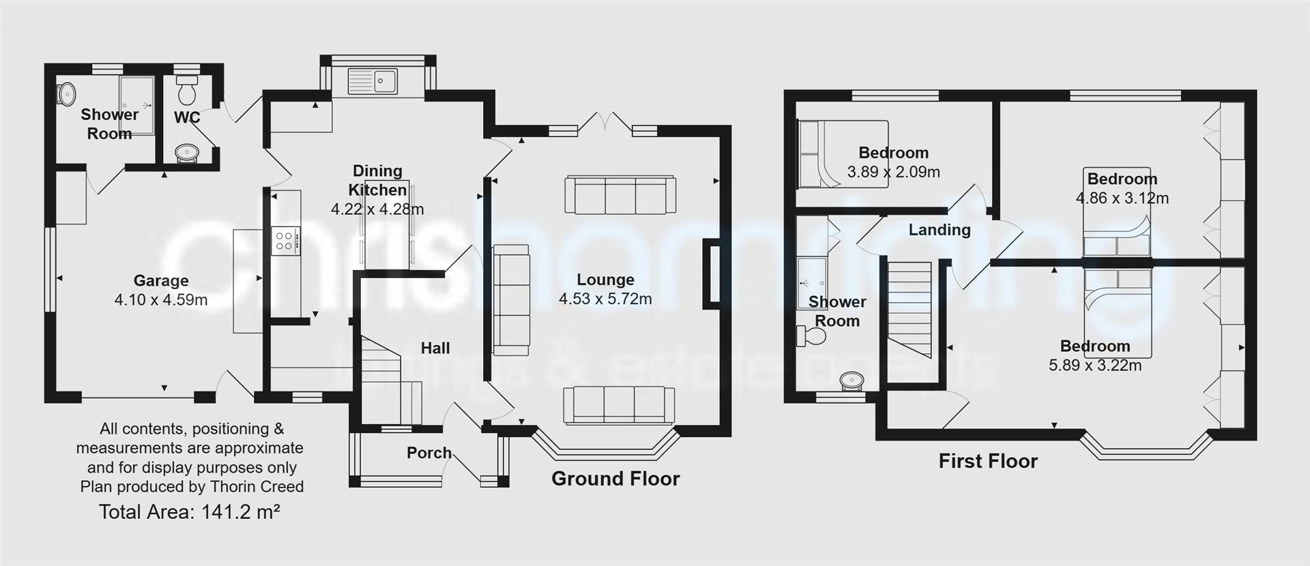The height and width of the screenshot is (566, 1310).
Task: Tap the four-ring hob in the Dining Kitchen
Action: tap(285, 240)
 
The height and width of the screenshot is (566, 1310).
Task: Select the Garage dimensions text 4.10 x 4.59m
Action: tap(161, 299)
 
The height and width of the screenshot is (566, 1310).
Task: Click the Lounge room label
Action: tap(605, 280)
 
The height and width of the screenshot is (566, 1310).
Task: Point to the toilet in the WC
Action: tap(186, 88)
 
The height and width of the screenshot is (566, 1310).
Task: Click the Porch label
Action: tap(428, 453)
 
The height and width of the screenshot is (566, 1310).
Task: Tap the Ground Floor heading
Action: tap(615, 479)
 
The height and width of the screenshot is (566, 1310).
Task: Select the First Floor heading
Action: tap(988, 461)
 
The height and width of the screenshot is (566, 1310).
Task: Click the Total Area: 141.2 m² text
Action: tap(190, 512)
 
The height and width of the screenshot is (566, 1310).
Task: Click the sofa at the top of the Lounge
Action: tap(620, 195)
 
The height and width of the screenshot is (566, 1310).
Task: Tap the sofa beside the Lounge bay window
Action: tap(619, 405)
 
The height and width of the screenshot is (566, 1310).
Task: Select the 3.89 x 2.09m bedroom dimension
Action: tap(893, 172)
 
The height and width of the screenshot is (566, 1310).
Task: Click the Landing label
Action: tap(939, 230)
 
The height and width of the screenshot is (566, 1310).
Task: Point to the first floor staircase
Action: tap(909, 309)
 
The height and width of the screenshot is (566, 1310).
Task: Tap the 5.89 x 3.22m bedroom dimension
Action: tap(1094, 366)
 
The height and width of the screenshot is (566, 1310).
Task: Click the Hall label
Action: tap(435, 348)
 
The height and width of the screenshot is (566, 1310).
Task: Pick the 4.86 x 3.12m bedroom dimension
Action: tap(1122, 198)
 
